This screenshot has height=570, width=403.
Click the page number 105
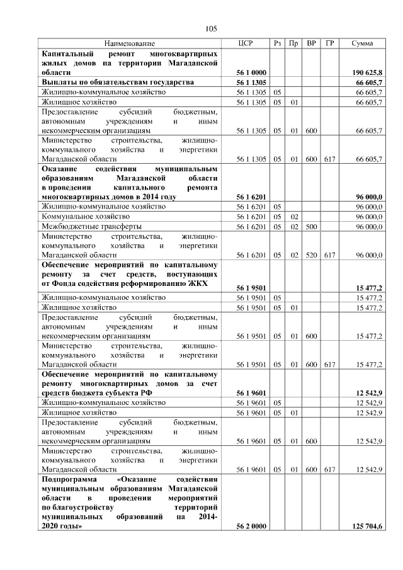[211, 28]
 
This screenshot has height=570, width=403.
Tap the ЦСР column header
[246, 43]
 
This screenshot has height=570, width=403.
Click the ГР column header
[329, 43]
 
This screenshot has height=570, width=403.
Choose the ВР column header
[311, 43]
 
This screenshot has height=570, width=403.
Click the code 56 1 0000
[251, 73]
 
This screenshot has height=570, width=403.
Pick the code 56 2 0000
[251, 526]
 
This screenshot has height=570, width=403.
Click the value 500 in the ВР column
[310, 225]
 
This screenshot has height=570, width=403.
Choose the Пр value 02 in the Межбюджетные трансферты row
[293, 225]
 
